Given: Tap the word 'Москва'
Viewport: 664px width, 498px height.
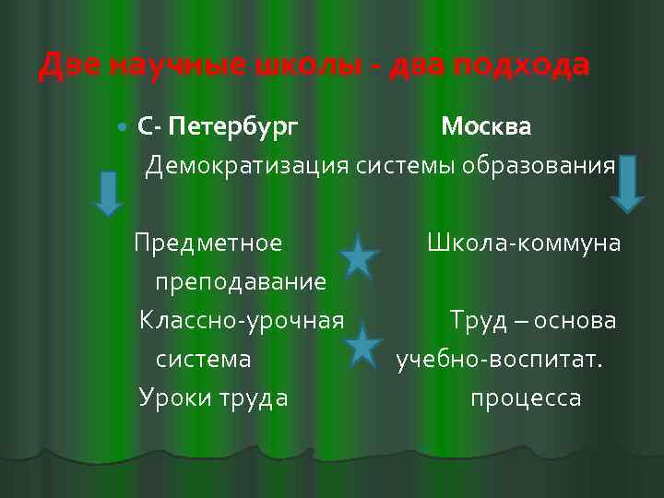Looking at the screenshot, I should point(485,126).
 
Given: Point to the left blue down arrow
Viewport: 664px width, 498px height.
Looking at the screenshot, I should point(109,194).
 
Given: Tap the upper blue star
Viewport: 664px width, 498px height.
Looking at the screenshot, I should point(360,256).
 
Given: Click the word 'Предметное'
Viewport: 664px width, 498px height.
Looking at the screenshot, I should point(208,243).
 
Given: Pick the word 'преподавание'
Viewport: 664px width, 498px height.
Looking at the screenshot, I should point(241,281).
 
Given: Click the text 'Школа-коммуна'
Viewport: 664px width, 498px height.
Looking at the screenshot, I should point(523,243).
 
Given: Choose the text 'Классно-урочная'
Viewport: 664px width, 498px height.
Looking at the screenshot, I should point(242,321).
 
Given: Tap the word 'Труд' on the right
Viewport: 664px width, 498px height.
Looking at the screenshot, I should point(477,321).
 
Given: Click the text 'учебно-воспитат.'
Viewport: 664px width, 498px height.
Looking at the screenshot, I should point(500,359).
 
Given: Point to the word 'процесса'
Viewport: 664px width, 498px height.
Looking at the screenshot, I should point(526,397).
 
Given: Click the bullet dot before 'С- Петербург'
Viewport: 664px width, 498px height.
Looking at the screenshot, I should point(125,126).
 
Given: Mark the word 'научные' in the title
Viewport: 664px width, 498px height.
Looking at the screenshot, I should point(172,66).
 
